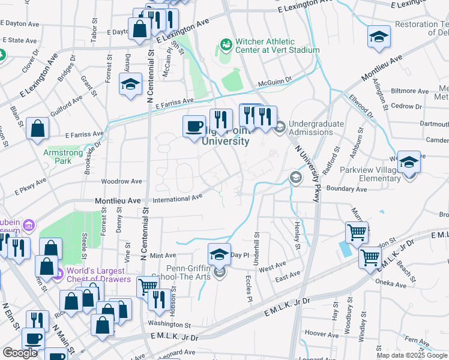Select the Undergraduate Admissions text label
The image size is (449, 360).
pyautogui.click(x=316, y=128)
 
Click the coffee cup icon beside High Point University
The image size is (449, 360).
pyautogui.click(x=194, y=126)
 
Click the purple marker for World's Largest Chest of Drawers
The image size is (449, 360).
pyautogui.click(x=58, y=275)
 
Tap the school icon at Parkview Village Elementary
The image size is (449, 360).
pyautogui.click(x=409, y=163)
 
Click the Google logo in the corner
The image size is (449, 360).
pyautogui.click(x=20, y=353)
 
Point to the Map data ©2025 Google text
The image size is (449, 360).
pyautogui.click(x=412, y=355)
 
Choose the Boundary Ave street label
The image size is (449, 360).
pyautogui.click(x=348, y=189)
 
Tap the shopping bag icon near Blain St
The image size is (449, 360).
pyautogui.click(x=37, y=128)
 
